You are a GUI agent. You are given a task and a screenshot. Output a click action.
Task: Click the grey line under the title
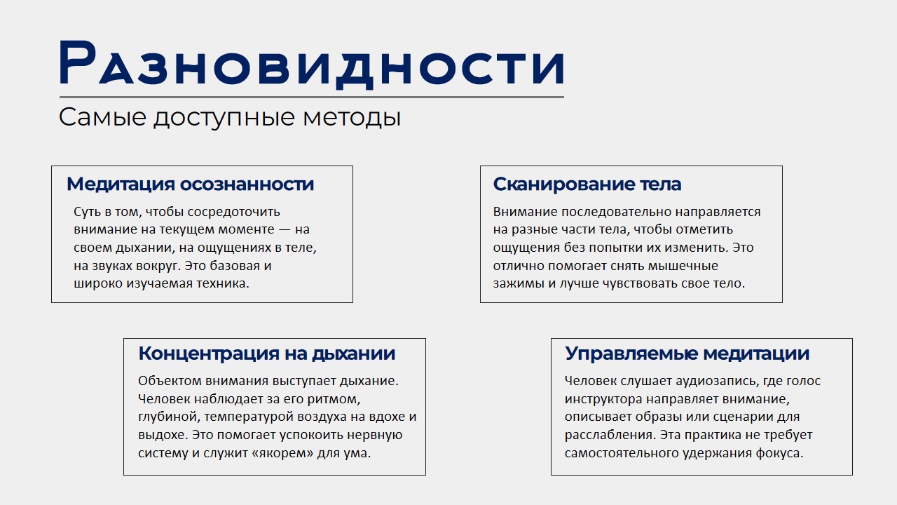coord(312,97)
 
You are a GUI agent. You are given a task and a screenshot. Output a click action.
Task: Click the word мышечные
coord(683,267)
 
